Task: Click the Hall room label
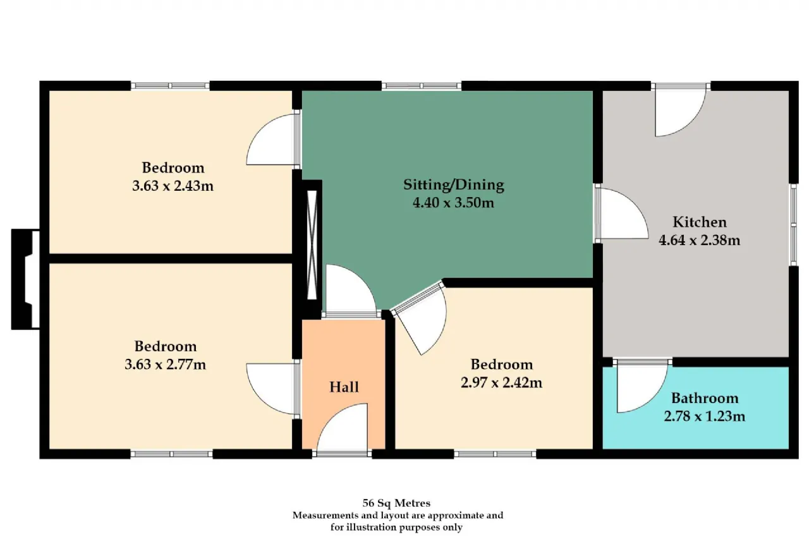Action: click(x=344, y=387)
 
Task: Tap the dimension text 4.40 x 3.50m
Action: click(x=453, y=203)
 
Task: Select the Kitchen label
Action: click(x=700, y=222)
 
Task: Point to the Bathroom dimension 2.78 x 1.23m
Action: click(x=704, y=416)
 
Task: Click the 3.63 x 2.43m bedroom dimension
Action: click(x=173, y=186)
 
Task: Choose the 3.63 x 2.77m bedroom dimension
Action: click(x=166, y=364)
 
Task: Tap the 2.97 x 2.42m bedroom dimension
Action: click(x=501, y=382)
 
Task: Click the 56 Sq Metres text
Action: click(x=396, y=503)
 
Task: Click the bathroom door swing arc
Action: click(x=642, y=388)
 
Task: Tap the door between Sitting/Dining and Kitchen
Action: click(x=622, y=214)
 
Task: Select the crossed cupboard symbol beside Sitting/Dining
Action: click(x=312, y=245)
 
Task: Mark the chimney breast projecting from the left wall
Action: click(x=25, y=279)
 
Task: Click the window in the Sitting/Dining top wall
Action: click(x=422, y=86)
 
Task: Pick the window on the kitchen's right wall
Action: click(x=793, y=225)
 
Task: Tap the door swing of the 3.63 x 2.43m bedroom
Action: click(x=272, y=140)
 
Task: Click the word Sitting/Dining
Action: click(x=453, y=185)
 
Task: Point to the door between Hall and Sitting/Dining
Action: click(x=351, y=291)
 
